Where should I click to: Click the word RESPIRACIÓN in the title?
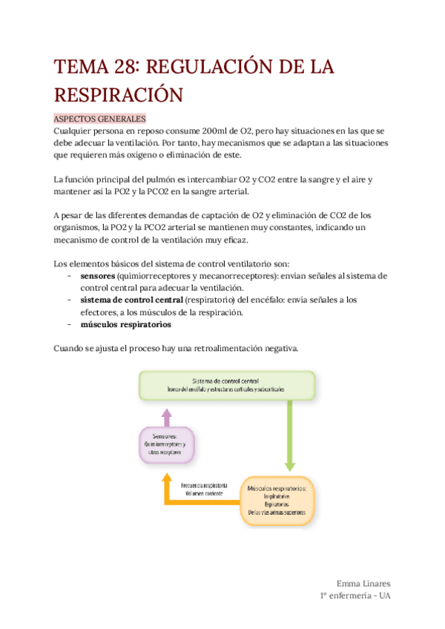click(x=118, y=96)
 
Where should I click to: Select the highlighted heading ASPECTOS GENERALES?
click(x=100, y=119)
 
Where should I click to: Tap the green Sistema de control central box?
click(x=226, y=385)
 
